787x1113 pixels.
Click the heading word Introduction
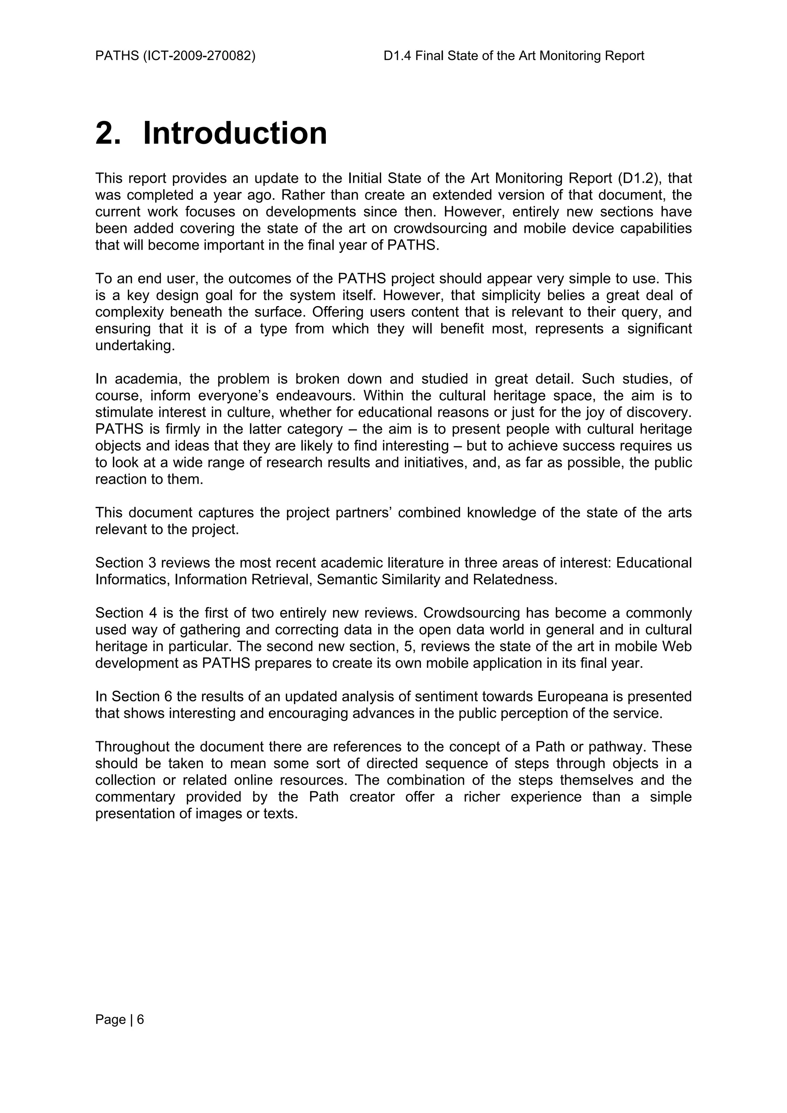[x=235, y=133]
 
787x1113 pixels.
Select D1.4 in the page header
[x=397, y=56]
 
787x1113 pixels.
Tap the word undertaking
[x=134, y=346]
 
